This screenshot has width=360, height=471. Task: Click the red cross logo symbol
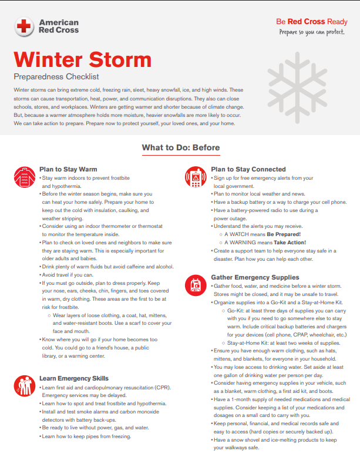(24, 26)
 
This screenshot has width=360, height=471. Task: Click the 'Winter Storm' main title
(83, 60)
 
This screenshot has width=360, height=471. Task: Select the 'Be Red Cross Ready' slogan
(311, 22)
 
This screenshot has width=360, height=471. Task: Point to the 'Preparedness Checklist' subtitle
(56, 76)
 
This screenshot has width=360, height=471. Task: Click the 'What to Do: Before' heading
(180, 147)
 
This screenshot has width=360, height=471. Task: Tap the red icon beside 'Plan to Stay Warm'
(23, 175)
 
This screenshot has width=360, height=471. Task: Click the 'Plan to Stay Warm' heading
(68, 169)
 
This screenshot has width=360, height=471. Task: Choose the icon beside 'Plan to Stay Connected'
(194, 175)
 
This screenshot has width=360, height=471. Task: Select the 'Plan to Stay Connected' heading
(248, 169)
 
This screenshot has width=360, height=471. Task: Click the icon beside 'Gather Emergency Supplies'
(194, 285)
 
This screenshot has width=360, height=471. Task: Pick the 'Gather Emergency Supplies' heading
(255, 277)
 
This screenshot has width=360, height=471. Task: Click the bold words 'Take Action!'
(290, 242)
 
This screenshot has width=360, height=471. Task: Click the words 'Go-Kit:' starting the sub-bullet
(235, 310)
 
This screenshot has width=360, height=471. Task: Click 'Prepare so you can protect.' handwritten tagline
(311, 32)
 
